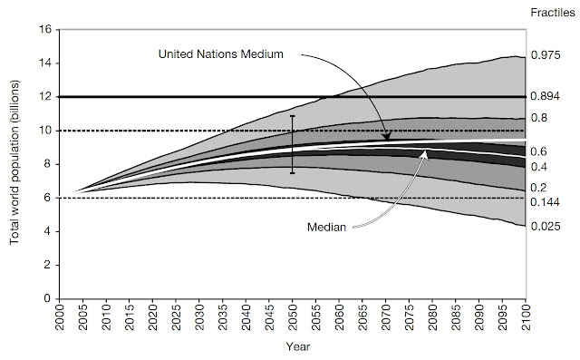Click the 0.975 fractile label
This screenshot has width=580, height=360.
(546, 55)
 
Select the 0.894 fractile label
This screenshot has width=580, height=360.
(546, 96)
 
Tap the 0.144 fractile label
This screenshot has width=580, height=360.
(546, 202)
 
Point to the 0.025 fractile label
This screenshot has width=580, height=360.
(546, 226)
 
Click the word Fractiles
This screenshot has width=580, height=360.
(553, 13)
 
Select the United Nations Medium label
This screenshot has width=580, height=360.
(221, 54)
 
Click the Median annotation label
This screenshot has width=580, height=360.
(326, 227)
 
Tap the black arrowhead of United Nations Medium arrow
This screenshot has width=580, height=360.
(387, 137)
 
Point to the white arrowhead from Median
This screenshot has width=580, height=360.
(425, 153)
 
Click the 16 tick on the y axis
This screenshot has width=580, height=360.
(46, 29)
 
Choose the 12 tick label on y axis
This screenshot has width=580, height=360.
(46, 96)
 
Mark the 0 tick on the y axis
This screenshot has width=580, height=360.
(48, 298)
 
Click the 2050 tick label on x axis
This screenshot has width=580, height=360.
(293, 317)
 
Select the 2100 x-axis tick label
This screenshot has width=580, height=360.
(526, 317)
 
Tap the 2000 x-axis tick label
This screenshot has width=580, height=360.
(60, 317)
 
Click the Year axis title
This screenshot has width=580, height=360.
(298, 346)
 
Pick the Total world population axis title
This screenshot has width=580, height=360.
(14, 163)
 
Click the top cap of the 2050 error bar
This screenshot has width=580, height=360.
(293, 116)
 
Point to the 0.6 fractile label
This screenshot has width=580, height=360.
(538, 151)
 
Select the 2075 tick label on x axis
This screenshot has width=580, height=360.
(409, 317)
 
